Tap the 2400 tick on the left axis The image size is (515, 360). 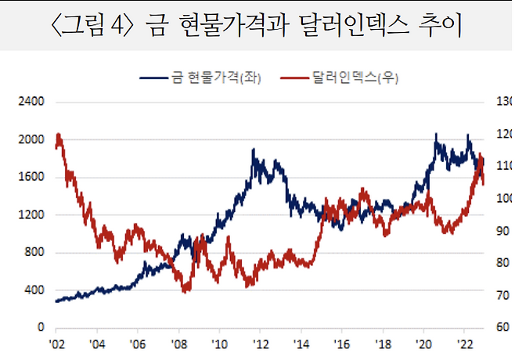(x=32, y=102)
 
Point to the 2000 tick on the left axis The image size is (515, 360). (x=32, y=139)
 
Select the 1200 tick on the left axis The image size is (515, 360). (x=32, y=214)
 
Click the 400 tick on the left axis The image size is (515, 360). (x=35, y=290)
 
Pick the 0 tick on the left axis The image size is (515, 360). (x=41, y=327)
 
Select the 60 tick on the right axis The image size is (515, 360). (x=502, y=327)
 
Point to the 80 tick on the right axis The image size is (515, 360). (x=502, y=263)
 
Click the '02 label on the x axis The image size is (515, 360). (x=56, y=344)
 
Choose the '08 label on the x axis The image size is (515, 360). (x=178, y=344)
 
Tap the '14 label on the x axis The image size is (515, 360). (x=301, y=344)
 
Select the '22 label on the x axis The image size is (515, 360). (x=464, y=344)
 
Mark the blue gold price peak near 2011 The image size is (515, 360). (x=254, y=149)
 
